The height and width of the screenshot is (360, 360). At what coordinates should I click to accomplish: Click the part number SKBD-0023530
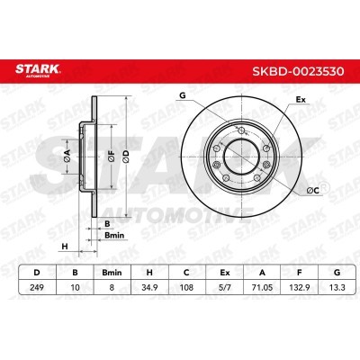[298, 71]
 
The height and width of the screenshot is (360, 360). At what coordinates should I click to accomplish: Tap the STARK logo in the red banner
[38, 70]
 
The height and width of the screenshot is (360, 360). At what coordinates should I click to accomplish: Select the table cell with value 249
[37, 287]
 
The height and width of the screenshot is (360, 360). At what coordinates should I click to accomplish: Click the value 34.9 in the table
[149, 287]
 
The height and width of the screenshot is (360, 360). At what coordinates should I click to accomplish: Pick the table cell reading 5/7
[225, 287]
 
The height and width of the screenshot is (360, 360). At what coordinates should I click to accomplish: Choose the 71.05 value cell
[262, 287]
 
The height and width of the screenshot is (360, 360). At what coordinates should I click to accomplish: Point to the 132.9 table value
[300, 287]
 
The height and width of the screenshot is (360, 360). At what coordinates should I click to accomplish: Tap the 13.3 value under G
[337, 287]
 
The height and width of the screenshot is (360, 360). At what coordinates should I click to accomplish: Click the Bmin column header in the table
[112, 273]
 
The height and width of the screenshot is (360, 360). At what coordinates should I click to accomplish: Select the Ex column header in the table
[225, 273]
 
